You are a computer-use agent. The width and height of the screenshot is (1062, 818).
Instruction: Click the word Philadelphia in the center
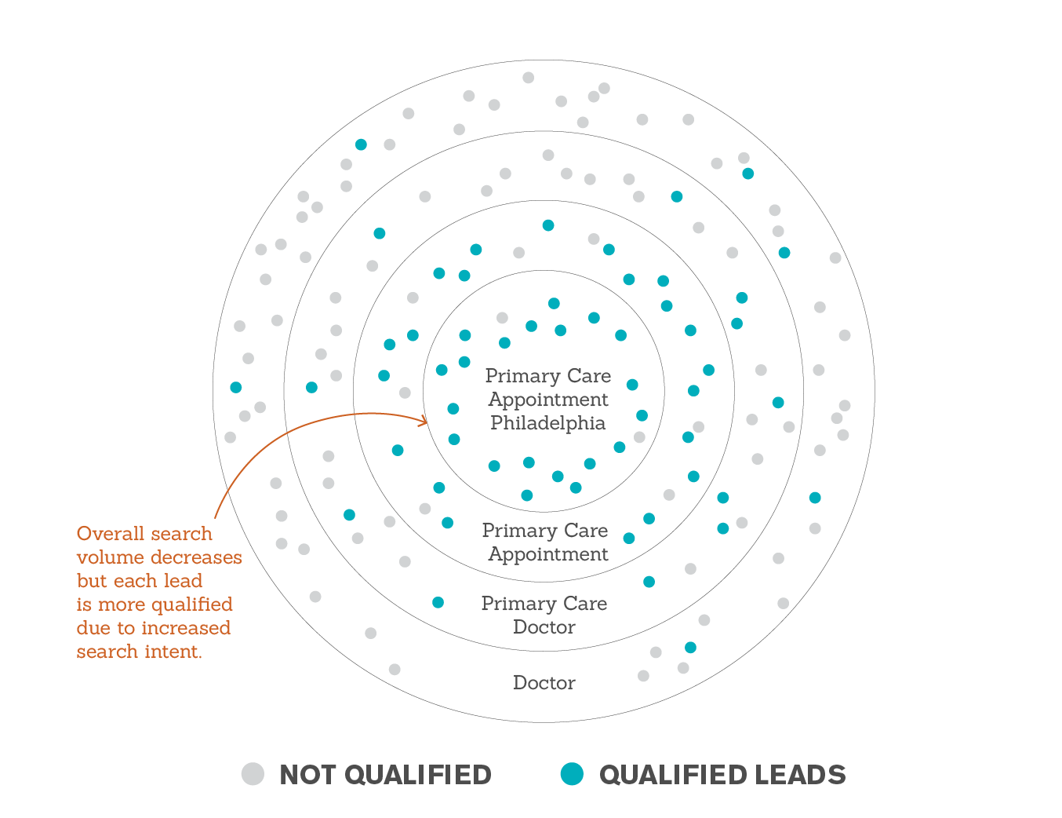tap(548, 423)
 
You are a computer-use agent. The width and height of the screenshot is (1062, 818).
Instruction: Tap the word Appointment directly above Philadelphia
tap(548, 400)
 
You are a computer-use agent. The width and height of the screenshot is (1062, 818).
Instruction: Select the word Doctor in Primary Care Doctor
tap(544, 627)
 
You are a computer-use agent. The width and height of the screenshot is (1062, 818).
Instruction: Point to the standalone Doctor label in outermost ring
tap(544, 683)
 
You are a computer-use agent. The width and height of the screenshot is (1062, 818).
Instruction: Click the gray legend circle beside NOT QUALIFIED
tap(253, 774)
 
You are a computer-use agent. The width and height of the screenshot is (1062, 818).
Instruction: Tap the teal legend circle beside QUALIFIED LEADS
tap(573, 774)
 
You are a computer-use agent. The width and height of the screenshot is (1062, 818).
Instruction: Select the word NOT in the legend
tap(308, 775)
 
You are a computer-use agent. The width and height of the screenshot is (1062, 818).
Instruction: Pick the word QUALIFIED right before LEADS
tap(673, 775)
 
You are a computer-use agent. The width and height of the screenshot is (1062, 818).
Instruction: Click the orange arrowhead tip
tap(427, 422)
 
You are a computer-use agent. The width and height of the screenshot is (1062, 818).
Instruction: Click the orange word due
tap(93, 628)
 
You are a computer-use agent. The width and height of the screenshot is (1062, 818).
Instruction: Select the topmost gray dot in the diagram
tap(528, 78)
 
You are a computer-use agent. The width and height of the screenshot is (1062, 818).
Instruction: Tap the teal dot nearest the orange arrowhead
tap(453, 409)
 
